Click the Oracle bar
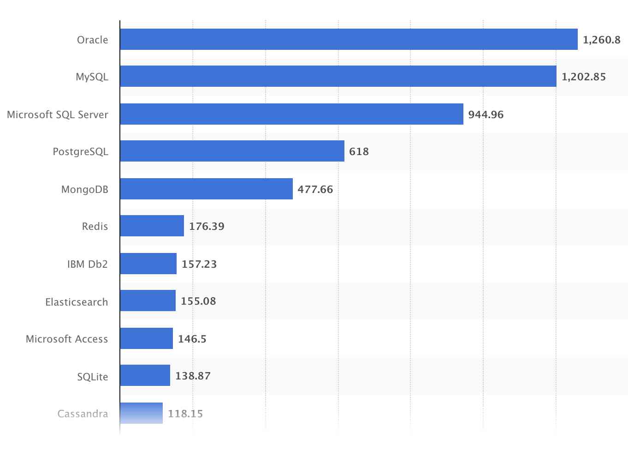coord(349,39)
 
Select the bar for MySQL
coord(338,76)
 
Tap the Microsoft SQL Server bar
coord(291,114)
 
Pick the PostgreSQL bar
coord(232,151)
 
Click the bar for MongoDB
coord(206,189)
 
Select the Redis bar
coord(152,226)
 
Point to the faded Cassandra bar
coord(141,413)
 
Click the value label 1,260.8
coord(601,40)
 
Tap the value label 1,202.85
coord(583,77)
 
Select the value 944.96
coord(486,114)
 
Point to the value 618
coord(359,151)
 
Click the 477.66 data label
coord(315,189)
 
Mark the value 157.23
coord(199,264)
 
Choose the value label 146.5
coord(192,339)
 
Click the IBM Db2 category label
coord(87,264)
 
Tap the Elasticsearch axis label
coord(77,302)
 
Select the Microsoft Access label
coord(67,339)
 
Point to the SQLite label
coord(92,377)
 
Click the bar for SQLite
coord(145,375)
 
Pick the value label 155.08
coord(198,301)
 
